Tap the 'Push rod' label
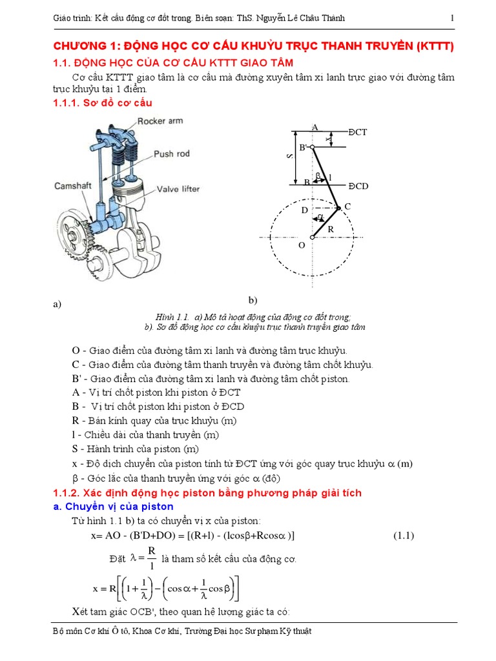click(171, 154)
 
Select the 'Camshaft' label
click(76, 186)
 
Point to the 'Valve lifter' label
click(178, 189)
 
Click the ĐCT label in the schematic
click(357, 132)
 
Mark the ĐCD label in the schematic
click(358, 186)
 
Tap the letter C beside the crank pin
click(347, 206)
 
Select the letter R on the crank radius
click(331, 229)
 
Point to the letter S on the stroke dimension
click(290, 157)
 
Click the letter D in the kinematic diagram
click(305, 210)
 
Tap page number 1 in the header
click(452, 18)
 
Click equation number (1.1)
click(404, 535)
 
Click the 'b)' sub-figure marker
click(253, 300)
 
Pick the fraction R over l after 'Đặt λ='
click(151, 557)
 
